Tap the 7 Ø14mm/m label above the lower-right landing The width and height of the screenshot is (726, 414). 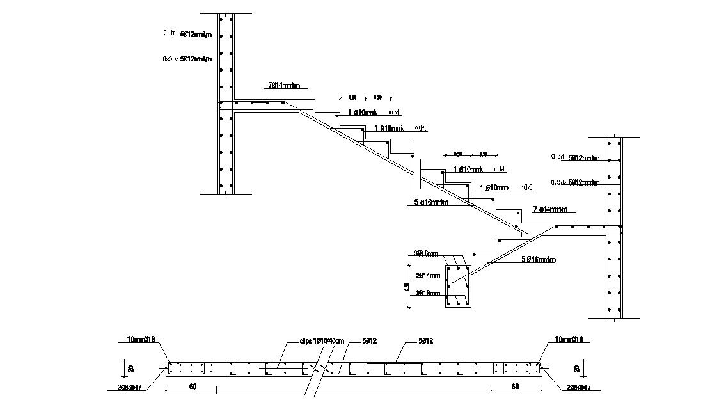tap(551, 209)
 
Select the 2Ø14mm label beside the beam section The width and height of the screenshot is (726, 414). tap(428, 276)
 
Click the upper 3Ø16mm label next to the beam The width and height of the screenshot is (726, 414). tap(427, 253)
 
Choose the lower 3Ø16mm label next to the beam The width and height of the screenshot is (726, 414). tap(427, 294)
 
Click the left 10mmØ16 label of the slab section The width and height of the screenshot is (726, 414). tap(132, 340)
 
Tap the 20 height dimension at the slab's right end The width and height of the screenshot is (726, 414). tap(578, 369)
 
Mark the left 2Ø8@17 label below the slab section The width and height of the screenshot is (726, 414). tap(129, 387)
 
